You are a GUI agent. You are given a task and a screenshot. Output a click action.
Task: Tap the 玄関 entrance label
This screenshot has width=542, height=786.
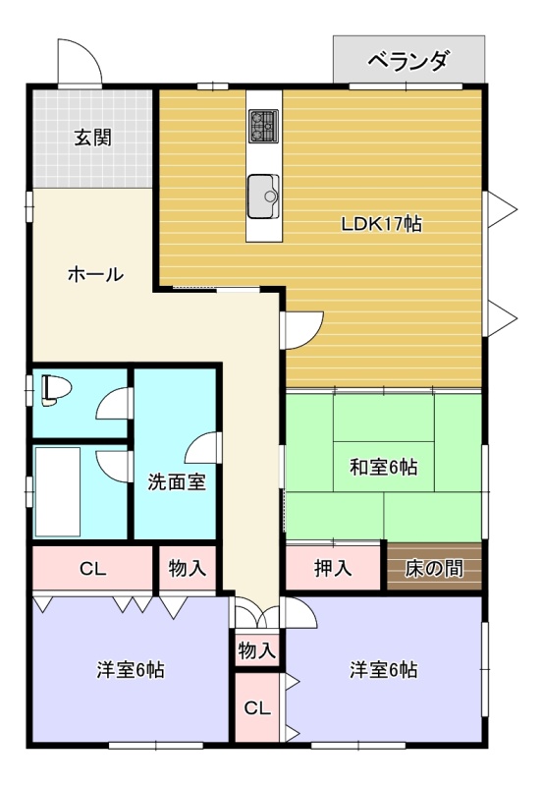click(93, 137)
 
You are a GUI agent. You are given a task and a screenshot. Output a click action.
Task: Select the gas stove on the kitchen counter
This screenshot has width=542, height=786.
click(264, 126)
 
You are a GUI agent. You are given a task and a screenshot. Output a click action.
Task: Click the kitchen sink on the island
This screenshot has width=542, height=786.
click(263, 196)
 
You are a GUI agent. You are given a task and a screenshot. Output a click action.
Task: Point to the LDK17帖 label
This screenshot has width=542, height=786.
click(381, 224)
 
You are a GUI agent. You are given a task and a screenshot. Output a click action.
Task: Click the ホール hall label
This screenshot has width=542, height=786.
click(95, 274)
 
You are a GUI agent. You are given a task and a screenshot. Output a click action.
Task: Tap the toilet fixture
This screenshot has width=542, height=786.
click(54, 389)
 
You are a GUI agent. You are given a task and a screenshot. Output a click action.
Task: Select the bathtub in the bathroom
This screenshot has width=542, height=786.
click(58, 491)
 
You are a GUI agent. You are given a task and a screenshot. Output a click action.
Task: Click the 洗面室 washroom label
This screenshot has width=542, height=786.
click(177, 482)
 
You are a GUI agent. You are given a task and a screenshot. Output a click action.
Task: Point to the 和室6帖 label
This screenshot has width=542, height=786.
click(383, 468)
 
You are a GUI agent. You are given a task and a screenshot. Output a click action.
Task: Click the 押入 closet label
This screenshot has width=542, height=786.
click(333, 568)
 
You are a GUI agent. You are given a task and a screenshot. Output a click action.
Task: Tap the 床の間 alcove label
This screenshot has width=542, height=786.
click(434, 569)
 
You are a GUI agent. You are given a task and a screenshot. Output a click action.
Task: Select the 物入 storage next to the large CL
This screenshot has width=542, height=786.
click(188, 568)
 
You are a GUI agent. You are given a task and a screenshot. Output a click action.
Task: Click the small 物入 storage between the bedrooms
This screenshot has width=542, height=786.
click(257, 650)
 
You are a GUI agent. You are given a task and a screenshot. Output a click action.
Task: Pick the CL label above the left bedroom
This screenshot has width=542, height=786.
click(93, 569)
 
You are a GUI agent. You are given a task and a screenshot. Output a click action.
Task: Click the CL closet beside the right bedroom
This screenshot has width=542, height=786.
click(257, 707)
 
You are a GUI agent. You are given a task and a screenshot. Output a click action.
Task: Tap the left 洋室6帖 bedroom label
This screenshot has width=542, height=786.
click(131, 670)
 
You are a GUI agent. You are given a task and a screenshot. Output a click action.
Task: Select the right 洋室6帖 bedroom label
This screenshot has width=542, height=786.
click(383, 670)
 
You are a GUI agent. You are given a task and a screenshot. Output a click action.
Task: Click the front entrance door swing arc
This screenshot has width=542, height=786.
click(86, 52)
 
